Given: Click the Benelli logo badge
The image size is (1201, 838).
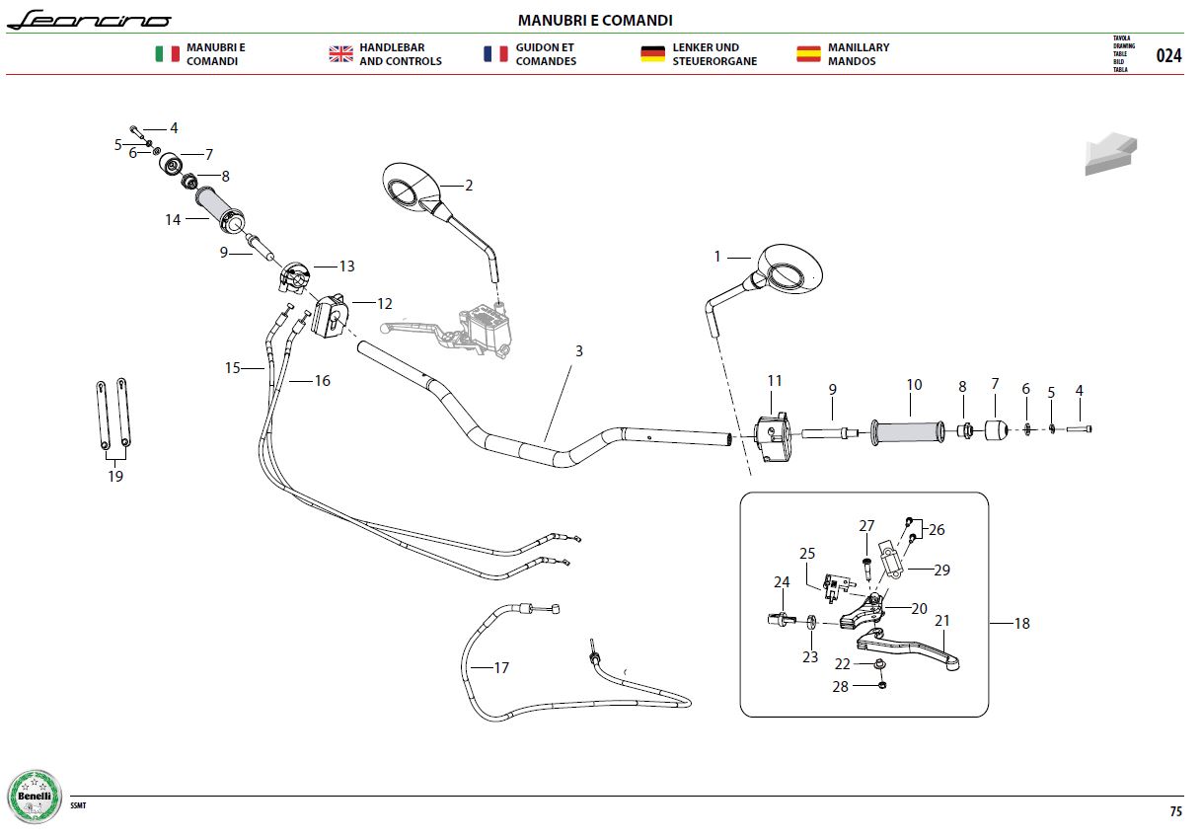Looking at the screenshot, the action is click(35, 797).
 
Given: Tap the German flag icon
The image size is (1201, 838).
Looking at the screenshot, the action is click(652, 53).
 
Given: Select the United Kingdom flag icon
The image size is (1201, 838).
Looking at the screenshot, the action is click(341, 53).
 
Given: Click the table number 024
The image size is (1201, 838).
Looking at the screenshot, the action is click(1168, 55).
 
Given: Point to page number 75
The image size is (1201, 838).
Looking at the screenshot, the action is click(1175, 811).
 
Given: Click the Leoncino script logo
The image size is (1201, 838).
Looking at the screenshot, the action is click(89, 20).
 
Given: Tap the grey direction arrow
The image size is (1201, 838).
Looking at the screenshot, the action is click(1110, 154).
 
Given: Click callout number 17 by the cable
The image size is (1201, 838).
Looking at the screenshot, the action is click(501, 667).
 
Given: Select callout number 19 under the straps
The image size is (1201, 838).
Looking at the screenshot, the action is click(115, 476).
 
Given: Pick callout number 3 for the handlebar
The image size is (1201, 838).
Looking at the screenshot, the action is click(579, 350).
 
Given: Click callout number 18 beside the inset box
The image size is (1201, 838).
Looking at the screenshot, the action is click(1022, 623).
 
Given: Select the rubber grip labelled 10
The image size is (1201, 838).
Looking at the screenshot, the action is click(908, 432).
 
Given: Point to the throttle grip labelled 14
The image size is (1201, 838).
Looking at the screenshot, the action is click(220, 210).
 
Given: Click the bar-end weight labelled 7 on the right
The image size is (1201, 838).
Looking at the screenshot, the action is click(996, 430).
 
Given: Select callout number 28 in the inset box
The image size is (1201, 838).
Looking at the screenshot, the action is click(840, 686).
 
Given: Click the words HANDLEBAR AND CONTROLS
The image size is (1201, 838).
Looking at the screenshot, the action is click(401, 54).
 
